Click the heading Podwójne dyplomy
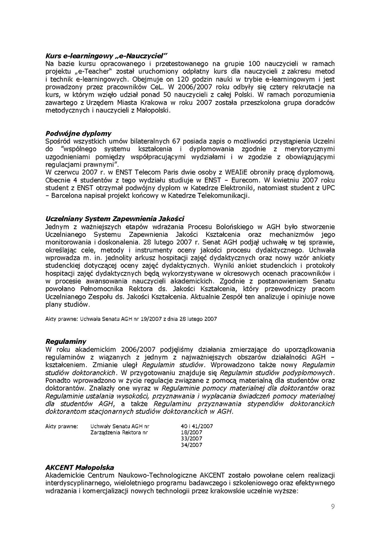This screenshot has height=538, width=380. point(79,133)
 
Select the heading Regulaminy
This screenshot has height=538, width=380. point(66,342)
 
